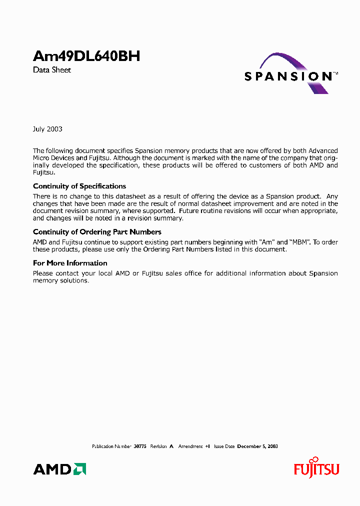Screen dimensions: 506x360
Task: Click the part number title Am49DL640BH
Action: pyautogui.click(x=86, y=56)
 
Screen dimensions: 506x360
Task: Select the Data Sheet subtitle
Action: pyautogui.click(x=52, y=70)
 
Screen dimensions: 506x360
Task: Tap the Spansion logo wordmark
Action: pyautogui.click(x=288, y=76)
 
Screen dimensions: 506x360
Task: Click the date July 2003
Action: pyautogui.click(x=47, y=129)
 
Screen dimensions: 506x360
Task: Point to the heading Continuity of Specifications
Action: pyautogui.click(x=79, y=186)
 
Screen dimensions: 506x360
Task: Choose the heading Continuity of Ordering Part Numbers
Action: pyautogui.click(x=97, y=232)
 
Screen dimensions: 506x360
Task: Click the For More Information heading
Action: pyautogui.click(x=70, y=263)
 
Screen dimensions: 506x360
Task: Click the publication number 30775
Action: pyautogui.click(x=139, y=446)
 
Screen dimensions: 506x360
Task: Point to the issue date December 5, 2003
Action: pyautogui.click(x=257, y=446)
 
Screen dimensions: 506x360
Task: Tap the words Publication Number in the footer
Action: pyautogui.click(x=112, y=446)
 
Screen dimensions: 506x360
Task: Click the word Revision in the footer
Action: pyautogui.click(x=158, y=446)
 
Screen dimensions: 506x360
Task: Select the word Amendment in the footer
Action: pyautogui.click(x=190, y=446)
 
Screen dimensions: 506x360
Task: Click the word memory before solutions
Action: pyautogui.click(x=45, y=280)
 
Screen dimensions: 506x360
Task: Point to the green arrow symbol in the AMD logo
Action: pyautogui.click(x=79, y=469)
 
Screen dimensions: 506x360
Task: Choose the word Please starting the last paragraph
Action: pyautogui.click(x=43, y=273)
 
